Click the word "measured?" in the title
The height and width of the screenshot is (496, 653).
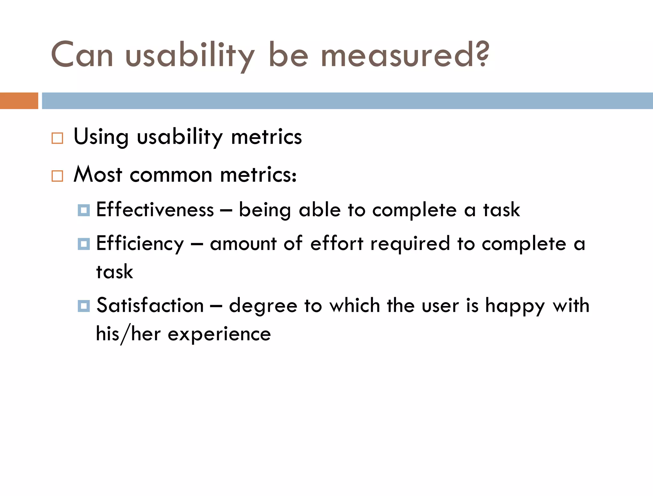405,55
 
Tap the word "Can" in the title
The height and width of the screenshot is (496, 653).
82,55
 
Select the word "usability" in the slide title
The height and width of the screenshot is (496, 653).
190,56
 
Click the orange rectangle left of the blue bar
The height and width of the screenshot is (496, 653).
19,101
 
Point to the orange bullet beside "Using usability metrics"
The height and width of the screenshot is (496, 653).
57,138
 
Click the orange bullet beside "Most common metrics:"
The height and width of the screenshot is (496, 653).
57,176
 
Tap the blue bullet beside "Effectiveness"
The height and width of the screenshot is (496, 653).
84,210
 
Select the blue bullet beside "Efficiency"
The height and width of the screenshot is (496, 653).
84,244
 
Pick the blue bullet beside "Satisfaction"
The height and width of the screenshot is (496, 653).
84,306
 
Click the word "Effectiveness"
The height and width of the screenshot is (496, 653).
155,210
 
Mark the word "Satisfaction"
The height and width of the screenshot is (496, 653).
150,305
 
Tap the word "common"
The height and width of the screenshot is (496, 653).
171,175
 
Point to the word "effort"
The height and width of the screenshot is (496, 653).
337,244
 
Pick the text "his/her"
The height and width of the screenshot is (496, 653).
128,334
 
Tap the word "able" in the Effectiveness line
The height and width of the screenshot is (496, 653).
320,210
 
